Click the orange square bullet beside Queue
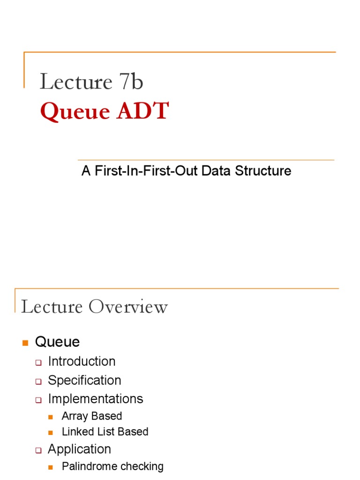[26, 343]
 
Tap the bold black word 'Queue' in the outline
[57, 342]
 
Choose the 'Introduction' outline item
[82, 361]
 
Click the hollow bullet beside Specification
[39, 381]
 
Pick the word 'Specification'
[84, 380]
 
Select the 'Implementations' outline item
[96, 399]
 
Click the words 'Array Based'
[92, 416]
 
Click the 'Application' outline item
[79, 449]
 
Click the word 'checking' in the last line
[142, 466]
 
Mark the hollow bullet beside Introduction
[39, 362]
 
